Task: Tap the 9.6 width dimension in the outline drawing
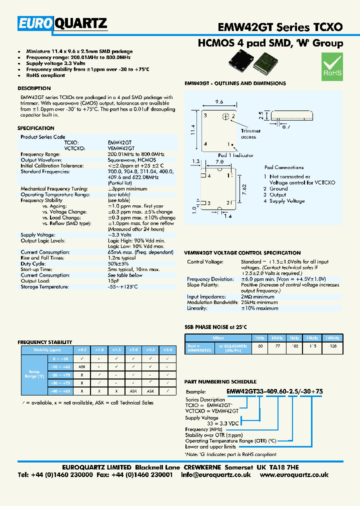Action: pyautogui.click(x=218, y=101)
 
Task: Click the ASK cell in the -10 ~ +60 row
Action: pyautogui.click(x=81, y=367)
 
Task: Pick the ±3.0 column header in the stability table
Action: pyautogui.click(x=168, y=349)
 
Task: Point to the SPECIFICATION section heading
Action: pyautogui.click(x=35, y=128)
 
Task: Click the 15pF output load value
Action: pyautogui.click(x=113, y=281)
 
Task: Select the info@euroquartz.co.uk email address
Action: pyautogui.click(x=216, y=474)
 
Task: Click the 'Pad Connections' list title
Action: pyautogui.click(x=283, y=167)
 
